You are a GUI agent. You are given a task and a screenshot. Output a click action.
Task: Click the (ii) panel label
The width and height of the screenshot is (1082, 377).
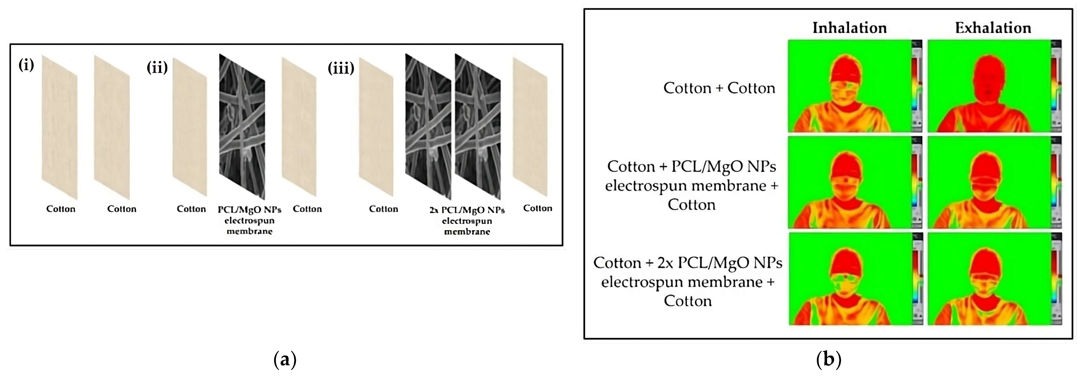(157, 67)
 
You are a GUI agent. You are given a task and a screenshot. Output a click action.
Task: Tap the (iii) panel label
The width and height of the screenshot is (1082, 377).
(341, 68)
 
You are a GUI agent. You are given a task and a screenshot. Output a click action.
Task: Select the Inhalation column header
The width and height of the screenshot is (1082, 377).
(849, 28)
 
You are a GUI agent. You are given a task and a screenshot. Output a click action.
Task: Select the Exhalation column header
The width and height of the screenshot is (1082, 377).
(993, 28)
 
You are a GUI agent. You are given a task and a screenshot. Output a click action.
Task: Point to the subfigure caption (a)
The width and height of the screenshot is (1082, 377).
(285, 360)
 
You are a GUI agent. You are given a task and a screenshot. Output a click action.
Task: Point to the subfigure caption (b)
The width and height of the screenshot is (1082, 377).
(828, 360)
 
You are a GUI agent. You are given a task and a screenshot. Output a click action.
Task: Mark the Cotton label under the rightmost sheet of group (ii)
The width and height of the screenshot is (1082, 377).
(307, 209)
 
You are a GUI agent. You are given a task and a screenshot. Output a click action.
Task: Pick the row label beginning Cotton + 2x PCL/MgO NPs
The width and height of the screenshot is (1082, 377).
(688, 282)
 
